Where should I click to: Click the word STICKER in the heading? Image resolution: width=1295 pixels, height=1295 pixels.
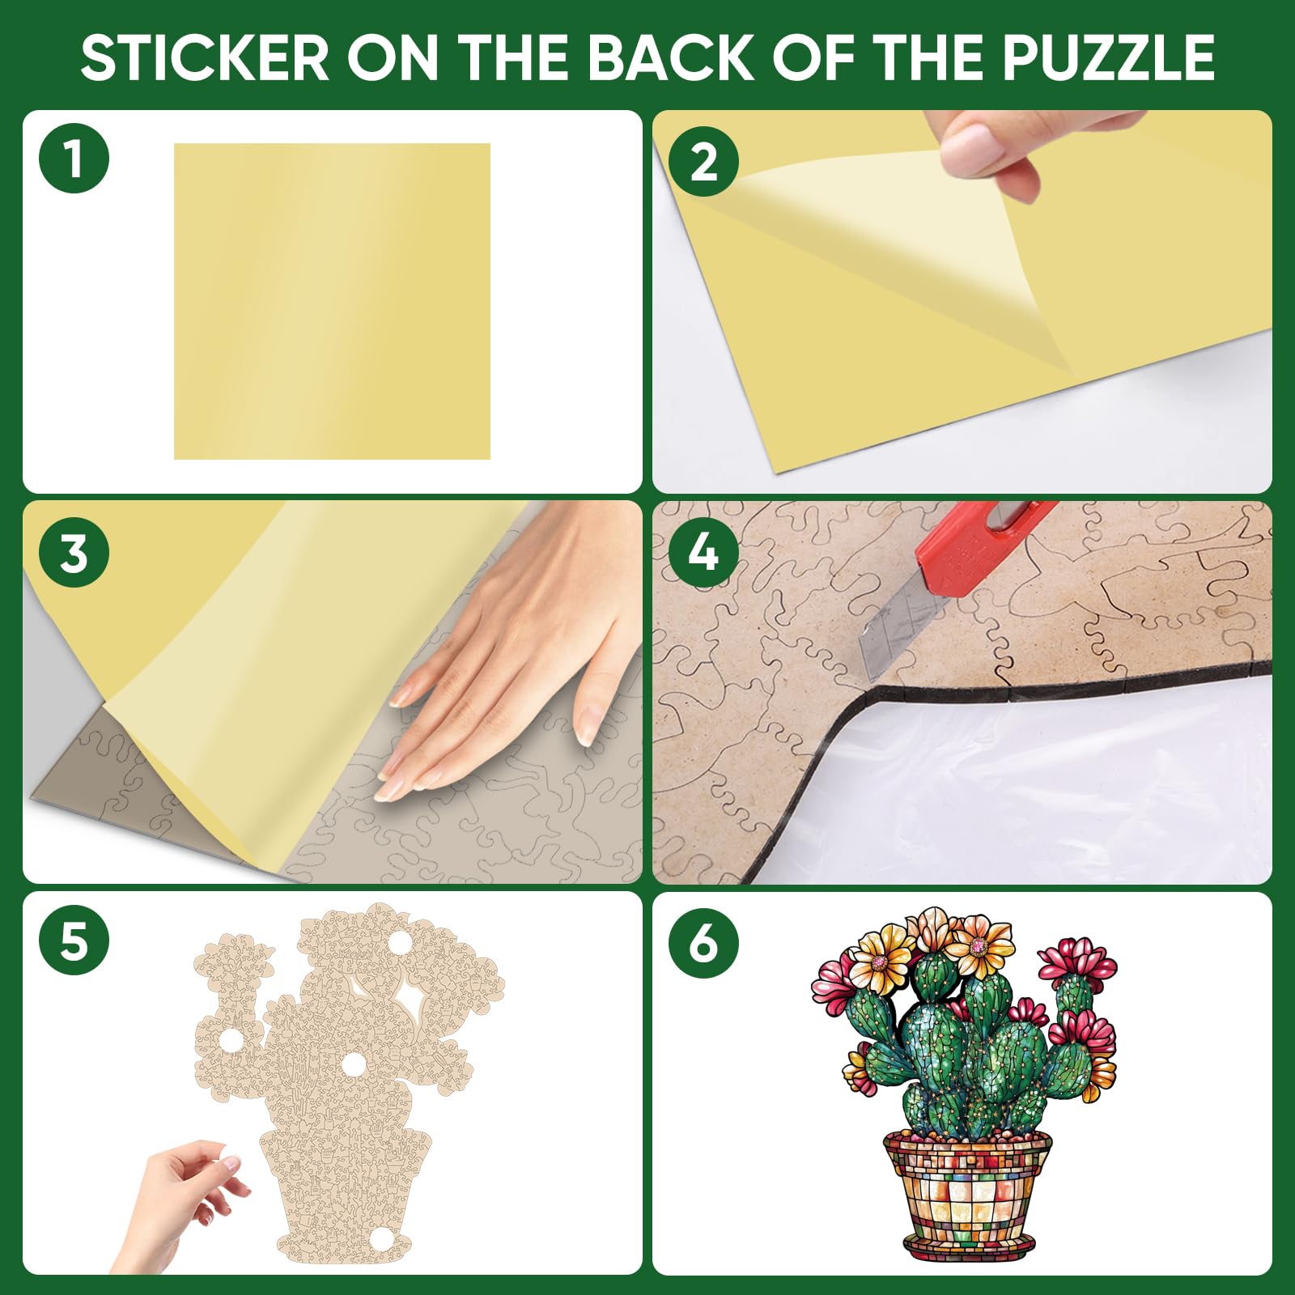pos(206,58)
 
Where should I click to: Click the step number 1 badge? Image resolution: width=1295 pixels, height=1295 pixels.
pos(74,158)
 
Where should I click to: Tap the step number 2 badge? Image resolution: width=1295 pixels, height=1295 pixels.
pos(703,162)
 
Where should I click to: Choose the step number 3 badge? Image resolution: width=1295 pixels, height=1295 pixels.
pos(74,554)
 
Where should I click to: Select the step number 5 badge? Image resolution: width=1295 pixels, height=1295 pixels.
pos(74,942)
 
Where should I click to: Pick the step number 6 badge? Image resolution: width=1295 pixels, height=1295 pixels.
pos(703,942)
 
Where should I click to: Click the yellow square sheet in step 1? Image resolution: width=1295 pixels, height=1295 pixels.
pos(332,301)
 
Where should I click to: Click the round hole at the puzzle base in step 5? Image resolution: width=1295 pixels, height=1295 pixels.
pos(378,1241)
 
